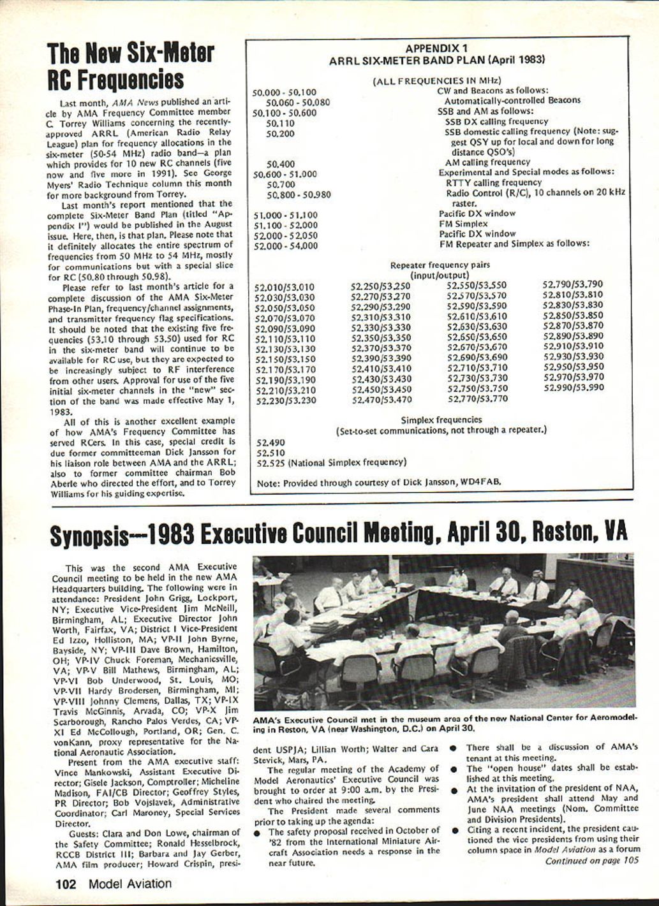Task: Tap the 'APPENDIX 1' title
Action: tap(436, 48)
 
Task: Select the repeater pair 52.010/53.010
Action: tap(285, 288)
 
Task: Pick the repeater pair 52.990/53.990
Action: tap(572, 388)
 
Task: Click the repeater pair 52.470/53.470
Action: tap(381, 400)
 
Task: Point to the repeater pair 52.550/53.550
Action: tap(477, 286)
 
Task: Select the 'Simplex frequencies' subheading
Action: tap(441, 420)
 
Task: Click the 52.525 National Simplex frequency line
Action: tap(330, 462)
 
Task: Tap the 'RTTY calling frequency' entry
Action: tap(493, 182)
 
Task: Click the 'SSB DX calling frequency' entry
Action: tap(496, 121)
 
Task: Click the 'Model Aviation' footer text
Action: tap(130, 884)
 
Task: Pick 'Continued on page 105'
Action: tap(591, 861)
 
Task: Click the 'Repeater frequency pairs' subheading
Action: tap(440, 265)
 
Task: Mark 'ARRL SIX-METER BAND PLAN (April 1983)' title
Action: tap(436, 60)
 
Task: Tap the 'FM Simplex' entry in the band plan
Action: tap(463, 224)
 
